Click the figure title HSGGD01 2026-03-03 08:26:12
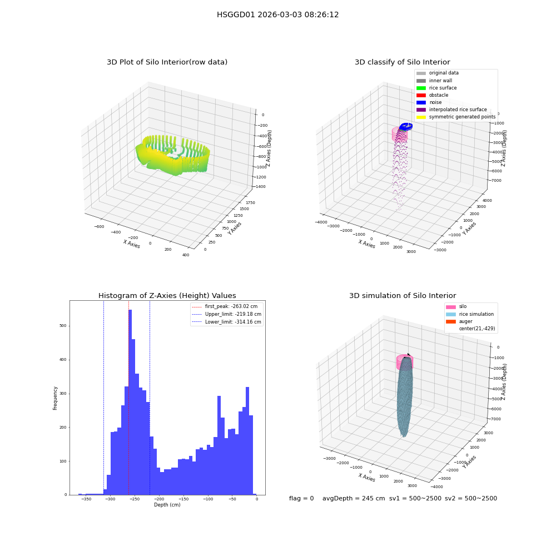pyautogui.click(x=277, y=15)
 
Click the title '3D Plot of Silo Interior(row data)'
pyautogui.click(x=167, y=62)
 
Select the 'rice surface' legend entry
pyautogui.click(x=436, y=88)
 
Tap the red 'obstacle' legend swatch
pyautogui.click(x=421, y=95)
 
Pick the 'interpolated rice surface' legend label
pyautogui.click(x=458, y=110)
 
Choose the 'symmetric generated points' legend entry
pyautogui.click(x=456, y=117)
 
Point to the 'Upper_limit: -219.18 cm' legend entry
pyautogui.click(x=227, y=314)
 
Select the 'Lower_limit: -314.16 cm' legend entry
pyautogui.click(x=227, y=322)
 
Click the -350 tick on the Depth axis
pyautogui.click(x=86, y=499)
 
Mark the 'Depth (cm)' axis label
pyautogui.click(x=167, y=505)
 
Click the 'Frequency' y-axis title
pyautogui.click(x=55, y=398)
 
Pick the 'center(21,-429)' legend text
pyautogui.click(x=477, y=329)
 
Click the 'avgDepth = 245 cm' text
pyautogui.click(x=354, y=498)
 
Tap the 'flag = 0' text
pyautogui.click(x=301, y=498)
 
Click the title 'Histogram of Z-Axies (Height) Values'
pyautogui.click(x=167, y=296)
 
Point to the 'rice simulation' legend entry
pyautogui.click(x=470, y=314)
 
